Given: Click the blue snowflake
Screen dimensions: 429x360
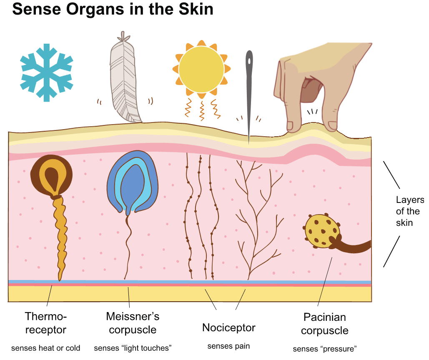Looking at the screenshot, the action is (x=47, y=73).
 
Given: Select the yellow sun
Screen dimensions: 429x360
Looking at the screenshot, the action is (x=201, y=70).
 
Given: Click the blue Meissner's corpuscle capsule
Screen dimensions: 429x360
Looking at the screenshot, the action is (x=133, y=182).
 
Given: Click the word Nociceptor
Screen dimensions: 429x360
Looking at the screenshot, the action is (x=229, y=327).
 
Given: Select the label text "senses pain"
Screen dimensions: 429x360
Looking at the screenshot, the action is (x=229, y=346).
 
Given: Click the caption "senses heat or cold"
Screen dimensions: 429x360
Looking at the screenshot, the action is (x=46, y=348).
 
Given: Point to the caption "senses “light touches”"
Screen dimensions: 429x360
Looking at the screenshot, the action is (x=133, y=348).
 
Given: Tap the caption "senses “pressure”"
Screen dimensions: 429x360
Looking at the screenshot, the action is (x=325, y=349).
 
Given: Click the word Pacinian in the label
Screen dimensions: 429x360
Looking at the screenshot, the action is (x=325, y=317).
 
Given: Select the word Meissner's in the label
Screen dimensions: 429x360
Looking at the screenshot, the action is (x=133, y=316).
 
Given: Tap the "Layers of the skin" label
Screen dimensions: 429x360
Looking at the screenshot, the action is (x=410, y=211).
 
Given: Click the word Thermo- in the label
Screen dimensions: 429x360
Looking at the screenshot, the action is (x=46, y=316).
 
